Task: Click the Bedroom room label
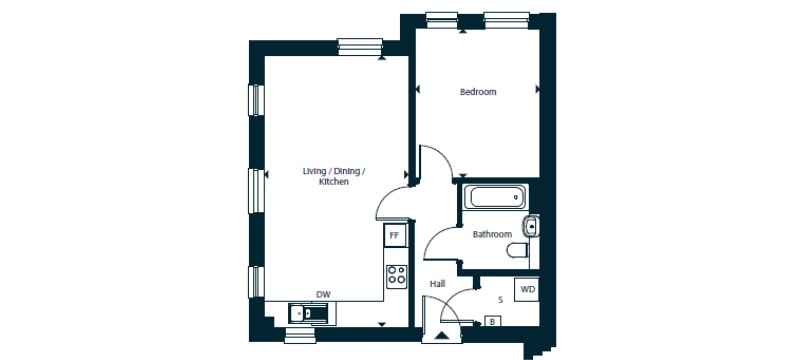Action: click(477, 92)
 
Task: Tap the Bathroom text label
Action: click(492, 235)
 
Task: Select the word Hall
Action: click(437, 284)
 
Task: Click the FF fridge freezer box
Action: click(394, 236)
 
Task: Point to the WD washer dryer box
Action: click(527, 290)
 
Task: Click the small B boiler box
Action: click(493, 322)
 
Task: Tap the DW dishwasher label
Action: click(324, 294)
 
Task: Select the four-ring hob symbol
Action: click(396, 276)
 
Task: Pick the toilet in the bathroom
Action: click(518, 250)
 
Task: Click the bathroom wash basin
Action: click(530, 225)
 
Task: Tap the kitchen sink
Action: click(312, 313)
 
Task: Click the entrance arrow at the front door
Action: click(442, 335)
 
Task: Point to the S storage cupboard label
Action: click(500, 300)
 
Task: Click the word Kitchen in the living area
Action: click(334, 182)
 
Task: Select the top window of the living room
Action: click(360, 46)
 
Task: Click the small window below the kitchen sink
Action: click(300, 335)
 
